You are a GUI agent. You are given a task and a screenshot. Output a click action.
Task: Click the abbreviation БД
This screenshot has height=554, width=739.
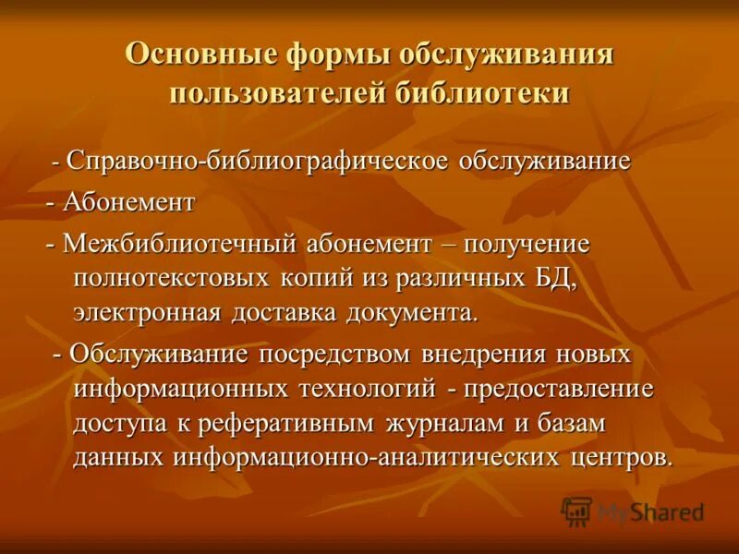click(x=557, y=278)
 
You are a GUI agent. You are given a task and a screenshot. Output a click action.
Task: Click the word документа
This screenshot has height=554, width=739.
click(x=412, y=311)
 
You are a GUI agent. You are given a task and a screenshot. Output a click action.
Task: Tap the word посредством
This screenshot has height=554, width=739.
click(x=338, y=354)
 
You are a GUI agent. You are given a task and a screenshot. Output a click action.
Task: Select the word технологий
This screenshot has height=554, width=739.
click(x=366, y=388)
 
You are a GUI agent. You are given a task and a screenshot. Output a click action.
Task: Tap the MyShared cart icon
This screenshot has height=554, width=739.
click(x=577, y=511)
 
